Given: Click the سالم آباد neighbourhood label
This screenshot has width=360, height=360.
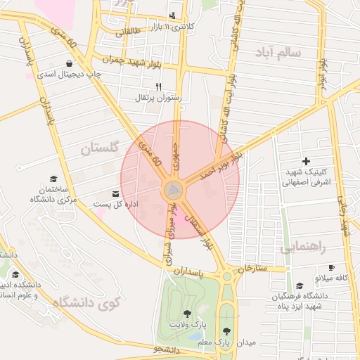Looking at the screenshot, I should pyautogui.click(x=280, y=53).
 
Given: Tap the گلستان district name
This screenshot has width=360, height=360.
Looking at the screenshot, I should pyautogui.click(x=101, y=148).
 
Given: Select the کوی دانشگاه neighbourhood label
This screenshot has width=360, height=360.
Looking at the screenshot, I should pyautogui.click(x=89, y=303).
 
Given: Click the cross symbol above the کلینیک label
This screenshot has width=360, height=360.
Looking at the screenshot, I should pyautogui.click(x=306, y=162).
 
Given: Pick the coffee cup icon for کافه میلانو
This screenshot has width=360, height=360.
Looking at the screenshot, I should pyautogui.click(x=332, y=268).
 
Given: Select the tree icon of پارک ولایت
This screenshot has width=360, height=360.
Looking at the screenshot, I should pyautogui.click(x=187, y=314).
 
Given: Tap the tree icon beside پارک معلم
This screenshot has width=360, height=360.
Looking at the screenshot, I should pyautogui.click(x=226, y=330).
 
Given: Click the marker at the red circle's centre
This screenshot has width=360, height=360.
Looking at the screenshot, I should pyautogui.click(x=174, y=189).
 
